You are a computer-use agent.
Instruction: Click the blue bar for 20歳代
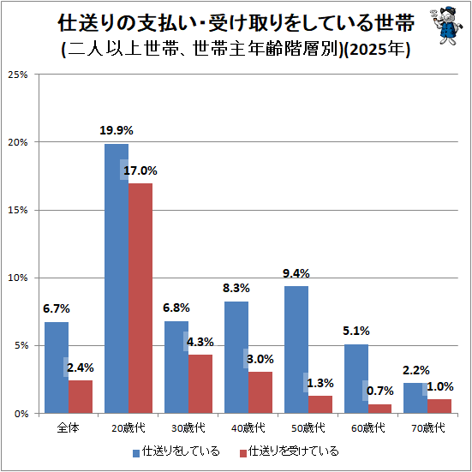[117, 278]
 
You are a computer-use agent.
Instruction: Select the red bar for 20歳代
[140, 298]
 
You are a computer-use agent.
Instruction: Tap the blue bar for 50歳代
[296, 350]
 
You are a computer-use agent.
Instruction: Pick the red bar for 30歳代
[200, 384]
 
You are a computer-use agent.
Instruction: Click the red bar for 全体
[81, 397]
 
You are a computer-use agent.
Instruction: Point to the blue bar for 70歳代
[415, 398]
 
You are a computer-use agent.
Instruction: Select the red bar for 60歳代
[379, 409]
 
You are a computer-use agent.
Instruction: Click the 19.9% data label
[117, 131]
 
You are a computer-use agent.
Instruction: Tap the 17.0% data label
[140, 171]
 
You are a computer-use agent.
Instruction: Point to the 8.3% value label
[236, 289]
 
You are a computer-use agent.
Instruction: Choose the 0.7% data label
[379, 391]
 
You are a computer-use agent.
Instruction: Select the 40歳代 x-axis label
[248, 427]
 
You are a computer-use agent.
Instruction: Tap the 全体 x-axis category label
[69, 427]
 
